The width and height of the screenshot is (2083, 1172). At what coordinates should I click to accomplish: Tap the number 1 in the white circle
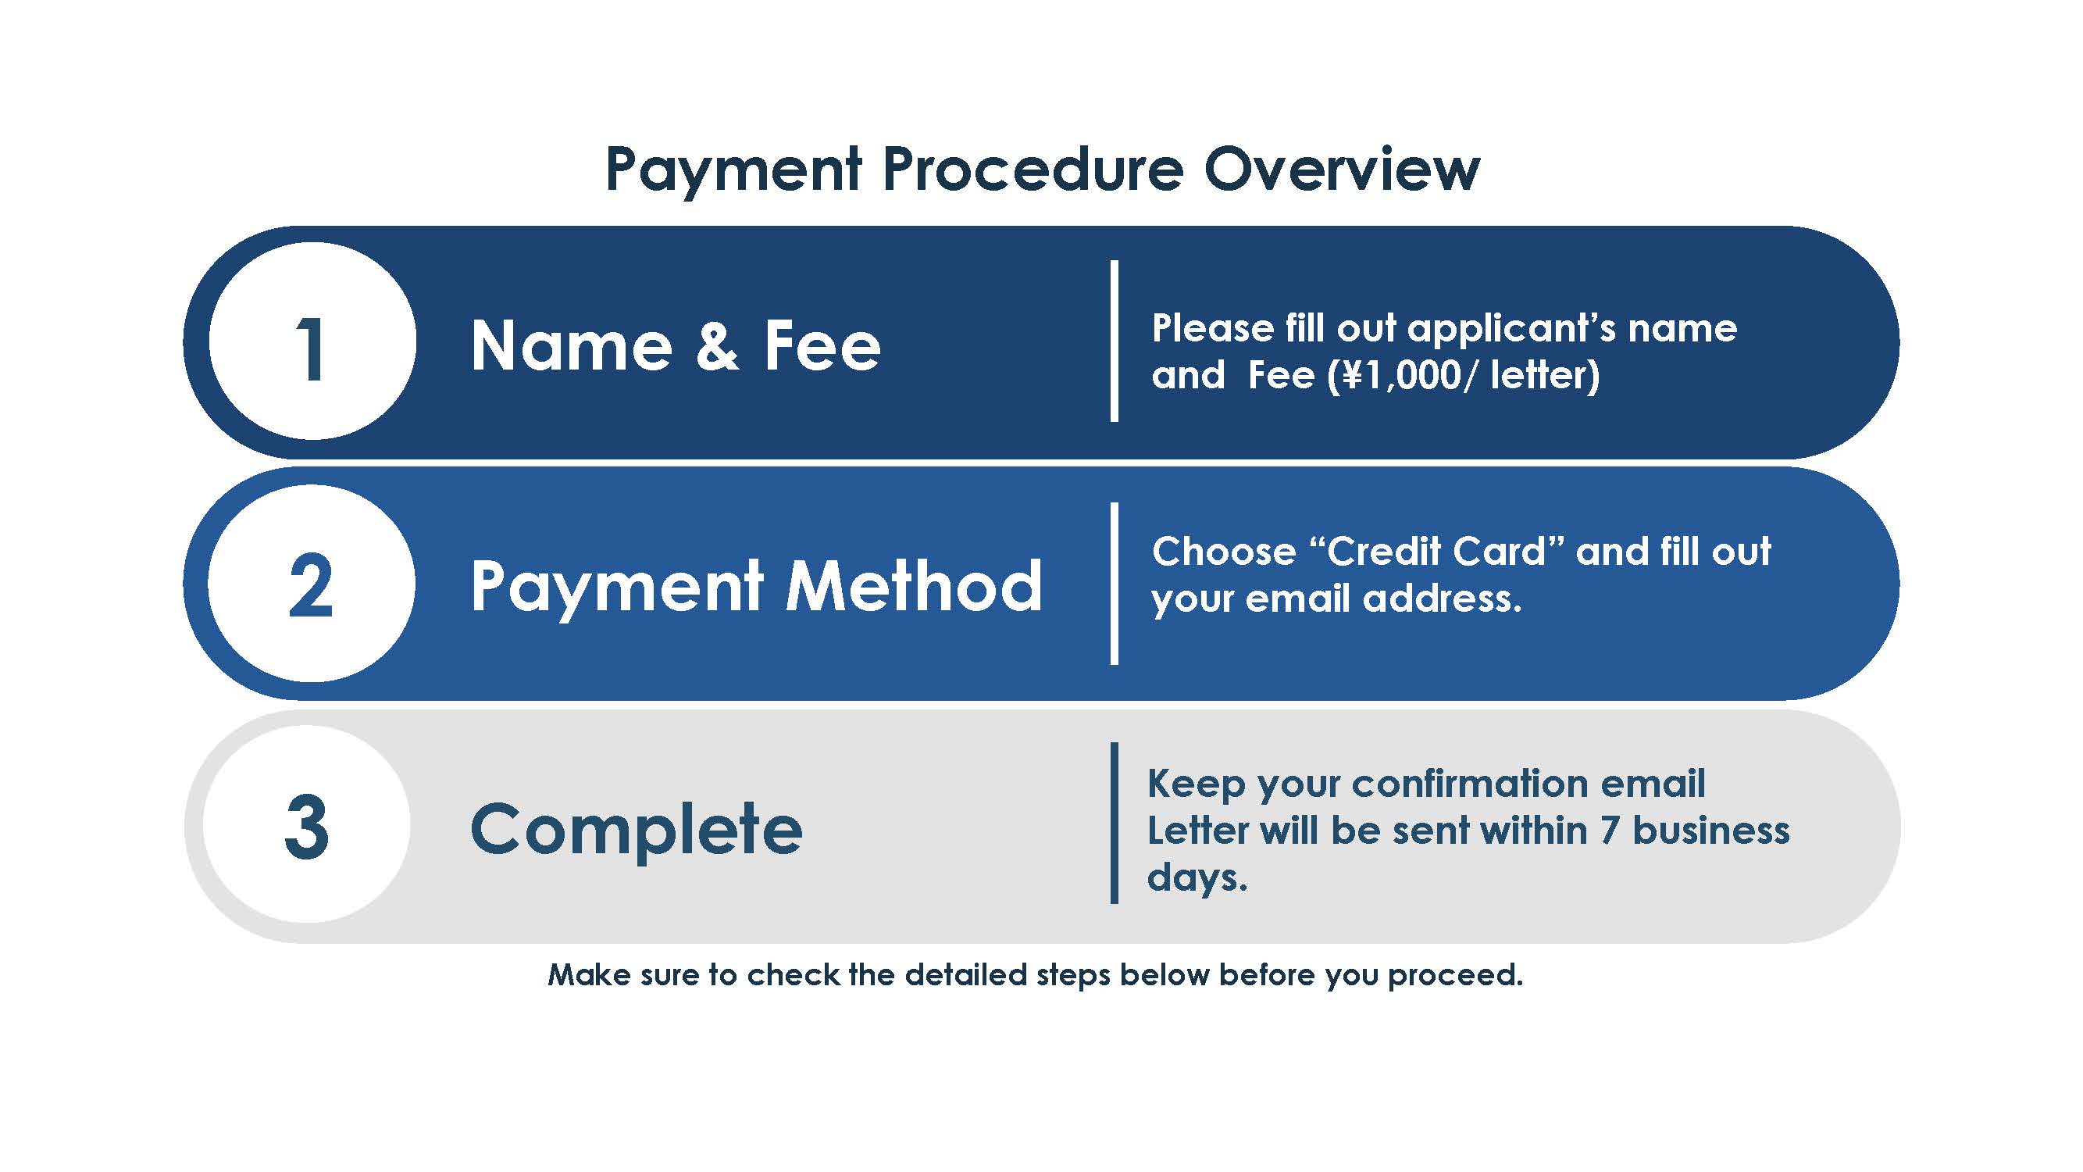[312, 348]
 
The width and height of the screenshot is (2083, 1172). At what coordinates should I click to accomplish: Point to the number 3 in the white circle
[307, 826]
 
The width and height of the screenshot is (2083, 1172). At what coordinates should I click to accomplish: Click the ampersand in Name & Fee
[717, 346]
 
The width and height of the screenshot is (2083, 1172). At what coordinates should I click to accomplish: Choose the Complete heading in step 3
[637, 829]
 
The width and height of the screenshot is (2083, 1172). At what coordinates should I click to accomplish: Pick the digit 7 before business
[1609, 831]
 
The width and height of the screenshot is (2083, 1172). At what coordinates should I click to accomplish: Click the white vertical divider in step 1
[1115, 341]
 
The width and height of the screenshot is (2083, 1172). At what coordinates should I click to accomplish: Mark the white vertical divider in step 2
[1115, 583]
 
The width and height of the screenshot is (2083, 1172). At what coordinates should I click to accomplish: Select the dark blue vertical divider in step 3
[1115, 823]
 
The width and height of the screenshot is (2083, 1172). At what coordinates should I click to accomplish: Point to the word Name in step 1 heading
[571, 346]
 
